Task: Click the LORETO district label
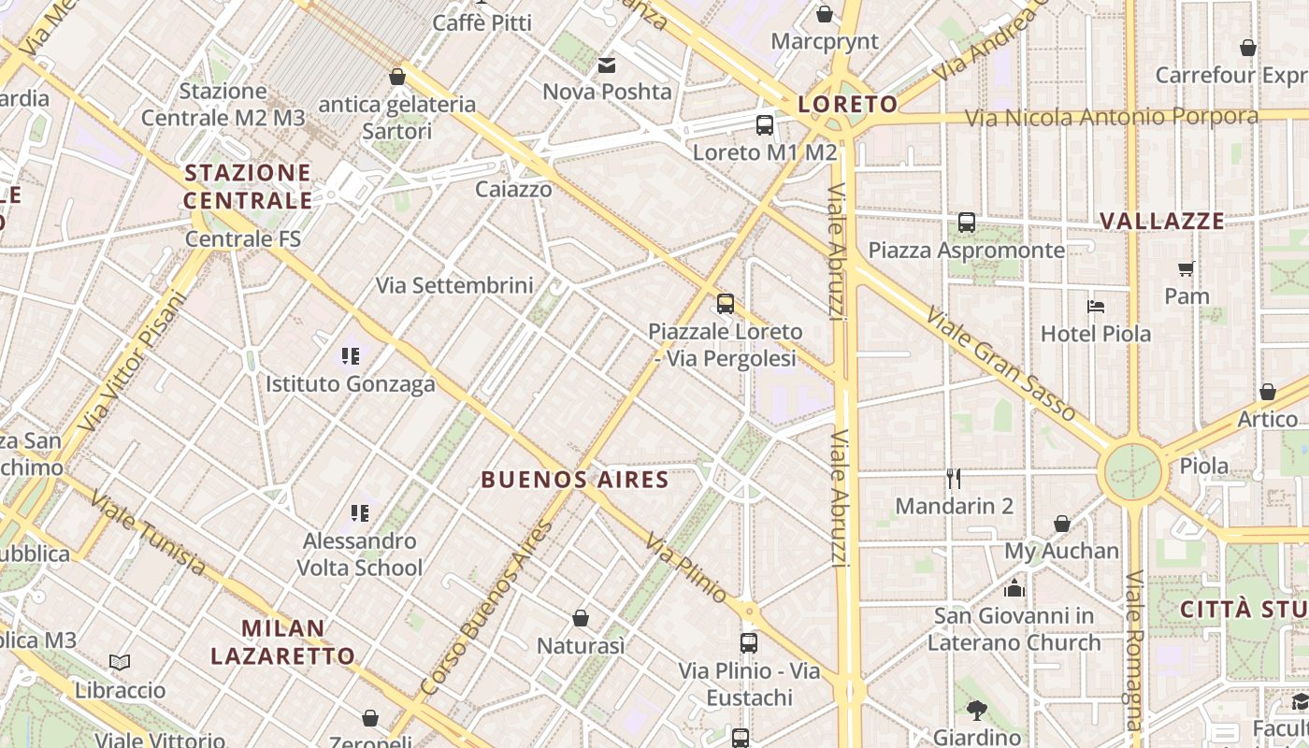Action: [x=848, y=104]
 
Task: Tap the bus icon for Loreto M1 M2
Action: [x=765, y=124]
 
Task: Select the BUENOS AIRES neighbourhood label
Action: [x=575, y=481]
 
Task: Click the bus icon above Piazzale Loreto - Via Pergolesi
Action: [x=726, y=303]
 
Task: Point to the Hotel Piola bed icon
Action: [x=1096, y=306]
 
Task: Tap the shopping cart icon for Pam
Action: [x=1187, y=269]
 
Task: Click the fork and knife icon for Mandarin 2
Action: [x=954, y=479]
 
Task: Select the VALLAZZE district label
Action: [x=1162, y=222]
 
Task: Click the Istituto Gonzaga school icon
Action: [x=351, y=355]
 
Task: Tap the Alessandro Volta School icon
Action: [x=360, y=512]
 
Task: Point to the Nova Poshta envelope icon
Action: [x=607, y=65]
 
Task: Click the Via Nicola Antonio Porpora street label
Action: [x=1112, y=117]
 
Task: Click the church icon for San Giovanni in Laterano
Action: [x=1014, y=588]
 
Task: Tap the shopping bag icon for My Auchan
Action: [x=1062, y=524]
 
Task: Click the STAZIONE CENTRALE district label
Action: [x=248, y=186]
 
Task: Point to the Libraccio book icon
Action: [x=120, y=662]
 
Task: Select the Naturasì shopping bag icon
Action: [x=581, y=618]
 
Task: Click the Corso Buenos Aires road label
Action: [x=487, y=609]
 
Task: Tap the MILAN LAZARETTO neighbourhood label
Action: [x=282, y=641]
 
